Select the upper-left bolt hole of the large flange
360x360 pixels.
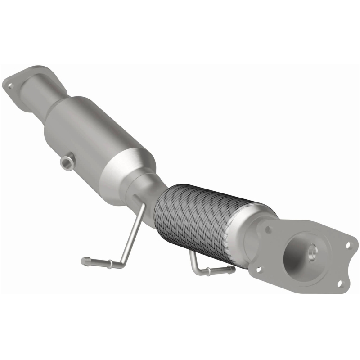pos(269,229)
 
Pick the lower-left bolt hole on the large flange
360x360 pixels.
pos(258,270)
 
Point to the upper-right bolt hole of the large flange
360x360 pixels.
pos(348,246)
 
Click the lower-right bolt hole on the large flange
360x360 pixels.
pos(339,283)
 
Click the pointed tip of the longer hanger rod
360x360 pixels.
pos(84,260)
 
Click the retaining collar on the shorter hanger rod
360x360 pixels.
pos(208,271)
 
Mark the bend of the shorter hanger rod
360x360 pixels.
pos(194,269)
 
